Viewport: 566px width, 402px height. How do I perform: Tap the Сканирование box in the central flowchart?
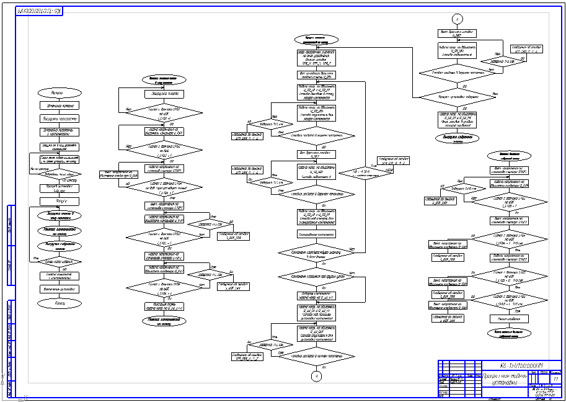tap(317, 234)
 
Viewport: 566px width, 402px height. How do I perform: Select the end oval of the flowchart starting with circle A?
tap(457, 138)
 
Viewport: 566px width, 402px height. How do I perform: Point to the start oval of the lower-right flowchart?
tap(508, 155)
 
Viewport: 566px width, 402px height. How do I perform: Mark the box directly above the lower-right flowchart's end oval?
tap(508, 318)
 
